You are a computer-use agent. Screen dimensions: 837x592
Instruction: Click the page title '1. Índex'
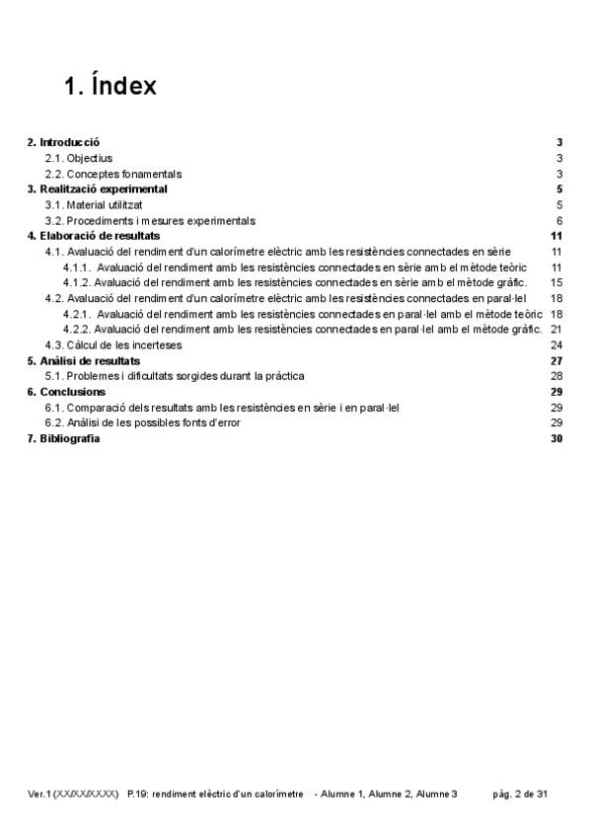pyautogui.click(x=110, y=86)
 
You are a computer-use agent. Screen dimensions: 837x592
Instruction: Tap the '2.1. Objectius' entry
pyautogui.click(x=80, y=158)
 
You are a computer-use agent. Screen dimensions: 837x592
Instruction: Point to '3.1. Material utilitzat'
pyautogui.click(x=96, y=205)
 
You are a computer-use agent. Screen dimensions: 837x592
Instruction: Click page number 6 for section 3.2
pyautogui.click(x=558, y=221)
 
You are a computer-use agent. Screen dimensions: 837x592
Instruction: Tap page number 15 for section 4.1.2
pyautogui.click(x=556, y=283)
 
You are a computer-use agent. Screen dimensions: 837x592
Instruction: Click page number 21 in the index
pyautogui.click(x=556, y=329)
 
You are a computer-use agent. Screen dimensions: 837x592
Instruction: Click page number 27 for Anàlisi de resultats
pyautogui.click(x=556, y=361)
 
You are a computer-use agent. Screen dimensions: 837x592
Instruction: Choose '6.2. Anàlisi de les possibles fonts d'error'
pyautogui.click(x=142, y=422)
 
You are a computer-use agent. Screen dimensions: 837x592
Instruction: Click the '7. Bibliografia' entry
pyautogui.click(x=63, y=438)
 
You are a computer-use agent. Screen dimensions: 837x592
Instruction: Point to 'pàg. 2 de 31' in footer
pyautogui.click(x=520, y=794)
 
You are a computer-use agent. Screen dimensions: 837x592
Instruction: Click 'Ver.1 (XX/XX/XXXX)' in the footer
pyautogui.click(x=74, y=794)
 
